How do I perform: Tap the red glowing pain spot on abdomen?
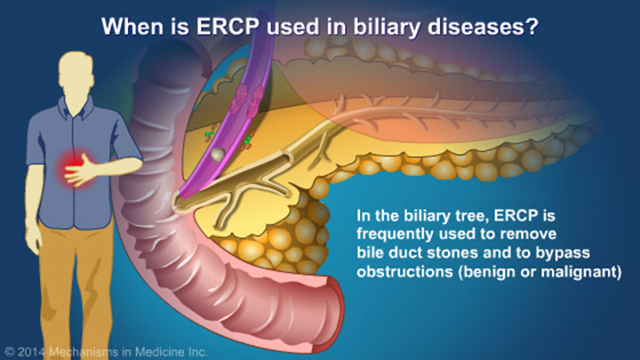[68, 165]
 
